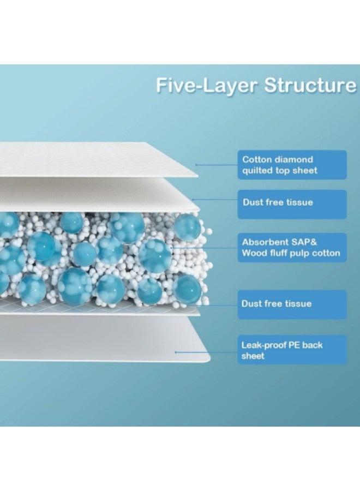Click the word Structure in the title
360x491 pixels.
tap(310, 85)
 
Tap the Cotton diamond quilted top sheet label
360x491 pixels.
tap(292, 165)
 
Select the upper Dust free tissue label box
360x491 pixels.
tap(292, 204)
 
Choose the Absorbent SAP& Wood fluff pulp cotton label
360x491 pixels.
tap(292, 247)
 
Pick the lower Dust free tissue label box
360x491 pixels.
tap(292, 304)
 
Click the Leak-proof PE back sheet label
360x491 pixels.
tap(292, 350)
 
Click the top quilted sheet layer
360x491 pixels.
tap(97, 159)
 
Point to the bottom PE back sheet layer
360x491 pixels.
tap(103, 339)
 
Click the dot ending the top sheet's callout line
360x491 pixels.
tap(196, 165)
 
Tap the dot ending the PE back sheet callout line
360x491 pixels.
tap(176, 352)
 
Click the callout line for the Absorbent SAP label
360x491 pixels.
tap(205, 248)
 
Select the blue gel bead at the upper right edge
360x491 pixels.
tap(187, 227)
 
